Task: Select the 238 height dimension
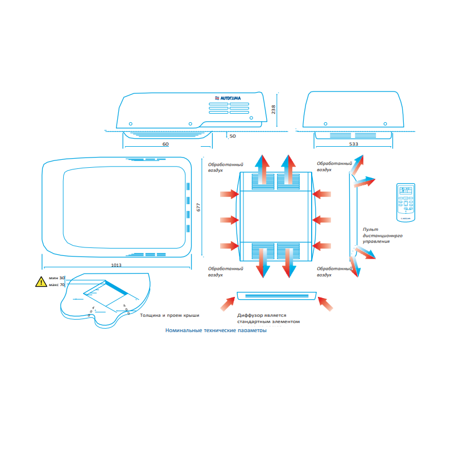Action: tap(274, 109)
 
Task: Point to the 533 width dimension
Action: tap(353, 144)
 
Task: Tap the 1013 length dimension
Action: tap(117, 265)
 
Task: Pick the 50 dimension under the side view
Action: tap(233, 136)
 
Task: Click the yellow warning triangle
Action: tap(40, 282)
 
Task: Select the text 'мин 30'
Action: tap(57, 278)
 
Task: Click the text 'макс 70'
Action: tap(57, 284)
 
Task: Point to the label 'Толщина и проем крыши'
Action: tap(169, 315)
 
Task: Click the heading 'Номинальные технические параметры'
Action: tap(215, 330)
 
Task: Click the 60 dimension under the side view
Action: tap(166, 144)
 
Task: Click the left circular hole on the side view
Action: tap(131, 123)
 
